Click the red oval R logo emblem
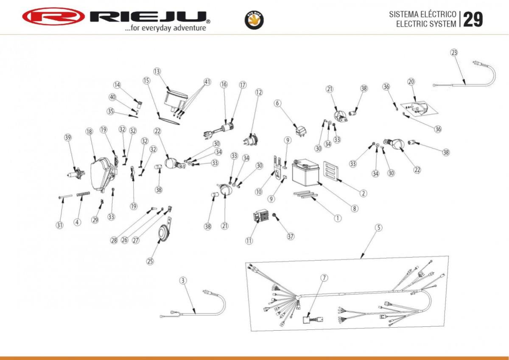tap(53, 16)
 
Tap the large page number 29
tap(473, 20)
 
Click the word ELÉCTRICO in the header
tap(438, 14)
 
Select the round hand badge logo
tap(254, 20)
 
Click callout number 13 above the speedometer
tap(157, 71)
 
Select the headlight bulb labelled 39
tap(76, 174)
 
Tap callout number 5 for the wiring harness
tap(378, 228)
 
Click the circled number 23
tap(454, 53)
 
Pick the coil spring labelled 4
tap(83, 194)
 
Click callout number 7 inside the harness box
tap(324, 278)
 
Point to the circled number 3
tap(183, 281)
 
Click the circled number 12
tap(259, 92)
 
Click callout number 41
tap(207, 82)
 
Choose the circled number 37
tap(291, 236)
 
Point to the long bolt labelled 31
tap(65, 197)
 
